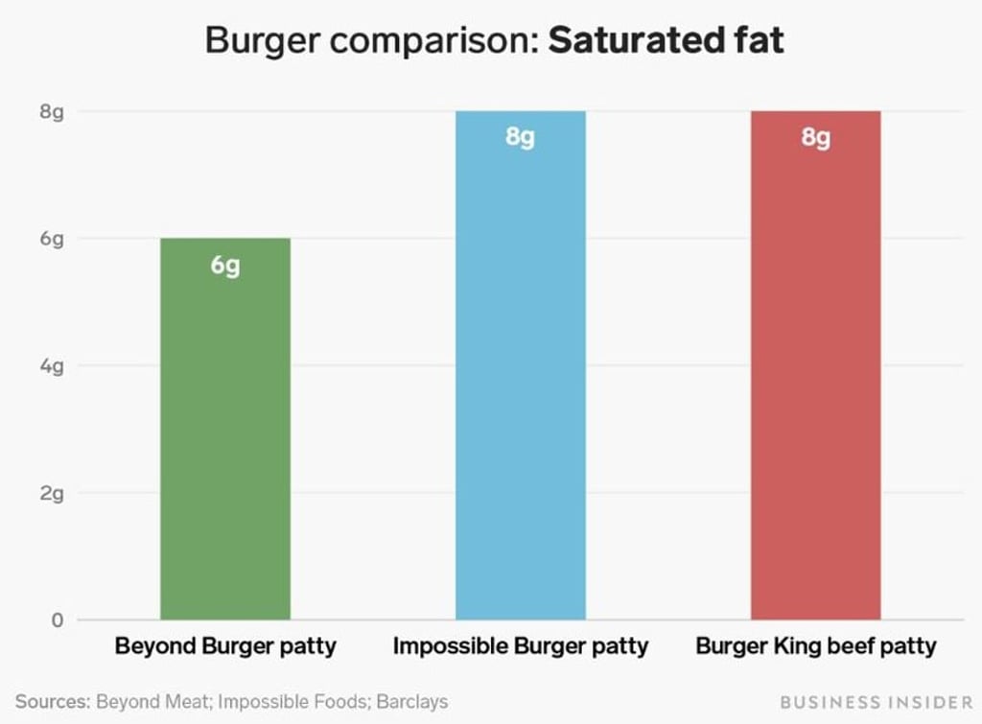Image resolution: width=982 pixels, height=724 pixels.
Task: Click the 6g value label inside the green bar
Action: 225,266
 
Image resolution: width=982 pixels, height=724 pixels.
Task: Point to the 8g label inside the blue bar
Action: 520,138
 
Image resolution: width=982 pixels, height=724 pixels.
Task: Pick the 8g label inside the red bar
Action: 815,138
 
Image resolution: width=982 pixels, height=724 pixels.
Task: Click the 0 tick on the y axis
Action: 57,620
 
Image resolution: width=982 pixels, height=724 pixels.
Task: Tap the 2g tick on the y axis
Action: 52,494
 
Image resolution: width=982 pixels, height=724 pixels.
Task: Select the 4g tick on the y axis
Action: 52,366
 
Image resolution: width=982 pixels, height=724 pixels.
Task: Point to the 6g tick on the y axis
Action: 52,239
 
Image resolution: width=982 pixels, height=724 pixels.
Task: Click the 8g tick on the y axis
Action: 52,112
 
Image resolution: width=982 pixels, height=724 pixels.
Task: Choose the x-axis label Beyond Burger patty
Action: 225,645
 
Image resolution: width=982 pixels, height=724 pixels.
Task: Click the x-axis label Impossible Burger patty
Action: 520,645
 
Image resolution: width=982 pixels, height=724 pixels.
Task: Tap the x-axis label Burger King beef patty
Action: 815,645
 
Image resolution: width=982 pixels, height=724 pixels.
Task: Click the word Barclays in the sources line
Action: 412,702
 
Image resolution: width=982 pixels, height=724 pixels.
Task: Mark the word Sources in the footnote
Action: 51,702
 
